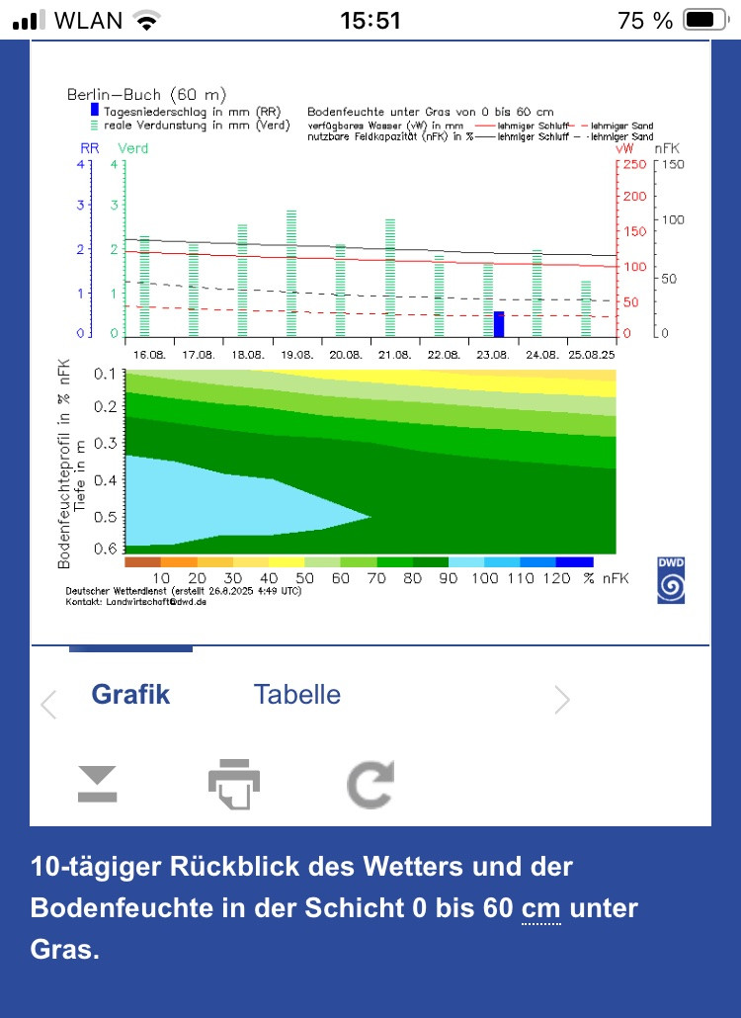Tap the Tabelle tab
296,695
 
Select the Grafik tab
130,695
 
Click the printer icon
233,784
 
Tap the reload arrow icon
370,784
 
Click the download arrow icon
97,784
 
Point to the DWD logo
671,580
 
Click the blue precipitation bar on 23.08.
499,324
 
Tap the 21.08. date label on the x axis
394,354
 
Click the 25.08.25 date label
593,354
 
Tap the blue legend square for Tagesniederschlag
95,111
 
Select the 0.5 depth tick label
106,516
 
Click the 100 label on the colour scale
484,578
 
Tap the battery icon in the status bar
704,20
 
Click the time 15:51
370,20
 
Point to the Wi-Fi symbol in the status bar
146,20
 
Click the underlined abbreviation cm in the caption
540,908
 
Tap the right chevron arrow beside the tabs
562,701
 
